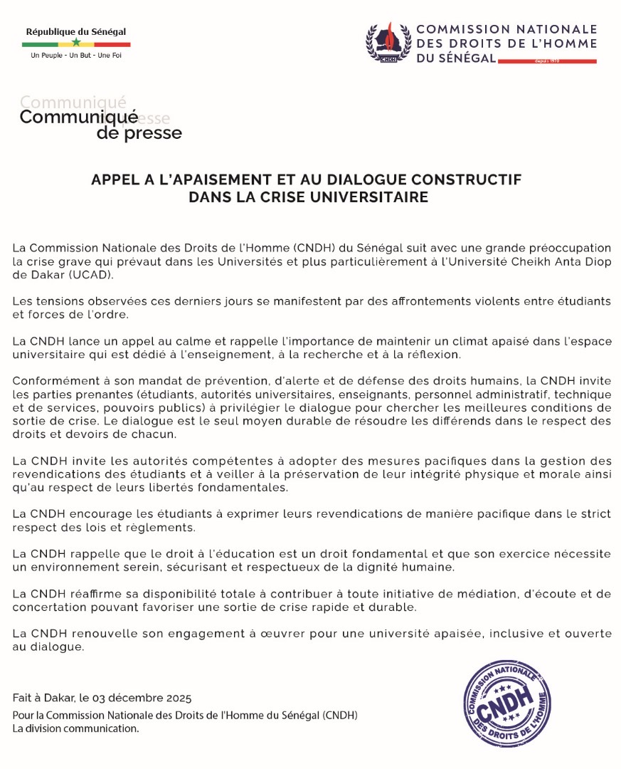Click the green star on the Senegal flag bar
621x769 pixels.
[x=76, y=43]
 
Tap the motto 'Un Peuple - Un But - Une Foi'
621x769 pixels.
[x=76, y=56]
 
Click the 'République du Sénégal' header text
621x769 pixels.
[x=76, y=31]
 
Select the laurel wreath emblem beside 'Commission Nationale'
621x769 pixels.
[x=388, y=43]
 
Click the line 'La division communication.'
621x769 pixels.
[x=75, y=728]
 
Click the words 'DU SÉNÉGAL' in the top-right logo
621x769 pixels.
[x=456, y=58]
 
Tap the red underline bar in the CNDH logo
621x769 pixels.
[x=547, y=62]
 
